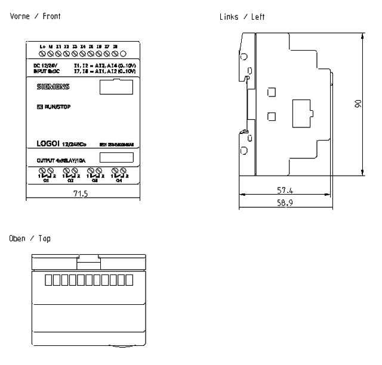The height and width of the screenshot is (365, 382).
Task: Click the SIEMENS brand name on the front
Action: pos(54,87)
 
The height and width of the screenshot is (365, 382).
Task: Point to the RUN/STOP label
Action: pos(57,108)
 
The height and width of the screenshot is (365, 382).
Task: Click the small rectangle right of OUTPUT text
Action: pos(116,158)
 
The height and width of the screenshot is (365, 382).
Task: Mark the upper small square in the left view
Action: pos(272,92)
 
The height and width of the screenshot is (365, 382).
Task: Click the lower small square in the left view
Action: pos(272,116)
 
